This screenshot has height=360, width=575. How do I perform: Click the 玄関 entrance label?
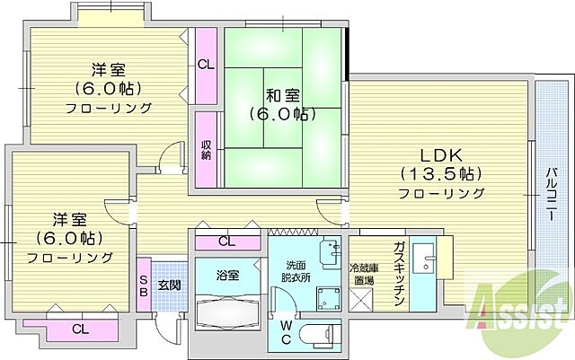[x=170, y=285]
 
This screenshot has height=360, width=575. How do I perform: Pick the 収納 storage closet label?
[x=206, y=149]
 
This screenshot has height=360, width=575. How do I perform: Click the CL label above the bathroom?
[x=227, y=241]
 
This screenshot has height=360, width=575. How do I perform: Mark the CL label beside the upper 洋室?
[x=206, y=64]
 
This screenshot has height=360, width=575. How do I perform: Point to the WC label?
[x=286, y=333]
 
